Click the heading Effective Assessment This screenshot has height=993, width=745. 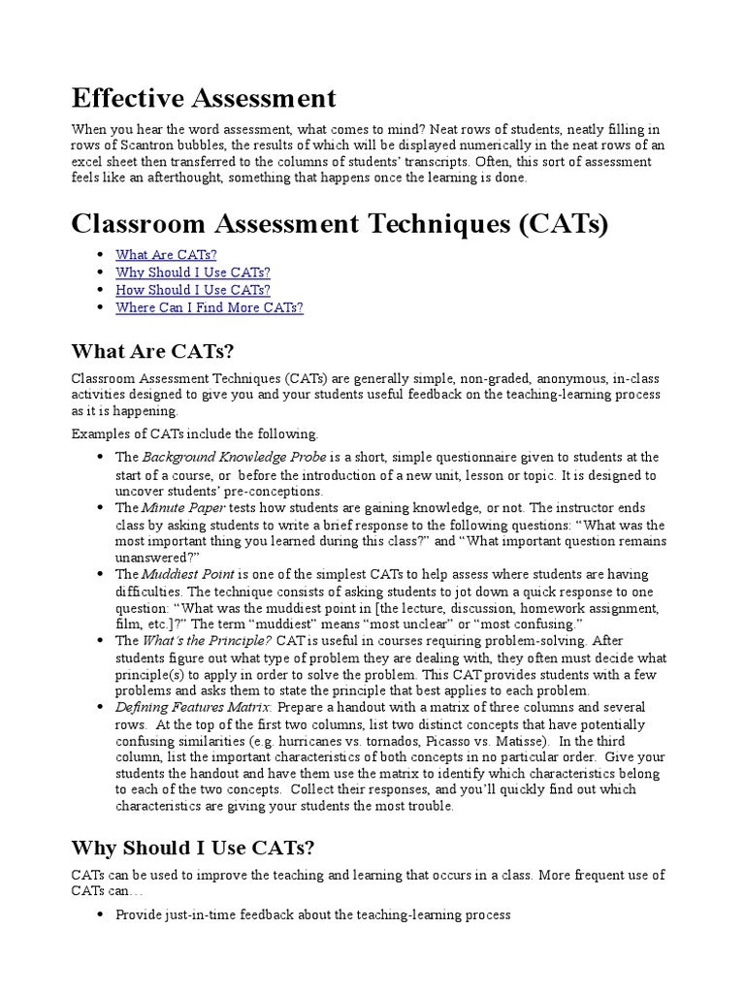pos(204,98)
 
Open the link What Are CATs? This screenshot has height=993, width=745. pos(159,255)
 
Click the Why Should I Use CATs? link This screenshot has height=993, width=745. pos(193,272)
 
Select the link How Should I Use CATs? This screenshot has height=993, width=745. pos(193,290)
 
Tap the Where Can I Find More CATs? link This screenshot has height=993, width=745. pos(210,307)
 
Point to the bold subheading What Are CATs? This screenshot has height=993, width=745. pos(153,350)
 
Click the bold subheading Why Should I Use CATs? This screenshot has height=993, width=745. pos(193,849)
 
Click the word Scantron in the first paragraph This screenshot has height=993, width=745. pos(131,144)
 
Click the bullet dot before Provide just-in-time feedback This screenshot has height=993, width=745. pos(101,914)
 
